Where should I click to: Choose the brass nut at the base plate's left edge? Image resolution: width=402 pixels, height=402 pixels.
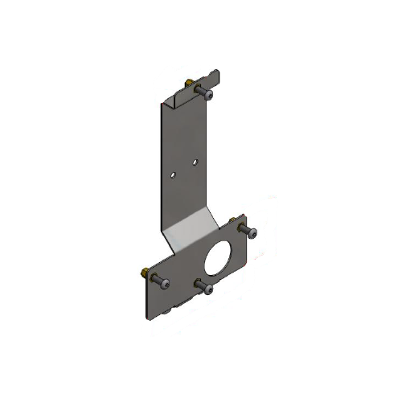pos(143,272)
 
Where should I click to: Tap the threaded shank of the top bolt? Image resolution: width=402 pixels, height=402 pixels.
pos(199,88)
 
